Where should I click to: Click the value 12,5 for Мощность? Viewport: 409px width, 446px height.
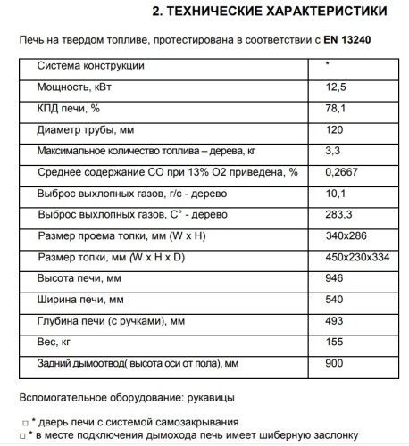click(336, 87)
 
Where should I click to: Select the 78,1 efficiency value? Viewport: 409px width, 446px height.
click(335, 109)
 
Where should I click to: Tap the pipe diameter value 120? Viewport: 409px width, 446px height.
click(334, 130)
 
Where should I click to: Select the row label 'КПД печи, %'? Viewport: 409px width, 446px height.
click(69, 109)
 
